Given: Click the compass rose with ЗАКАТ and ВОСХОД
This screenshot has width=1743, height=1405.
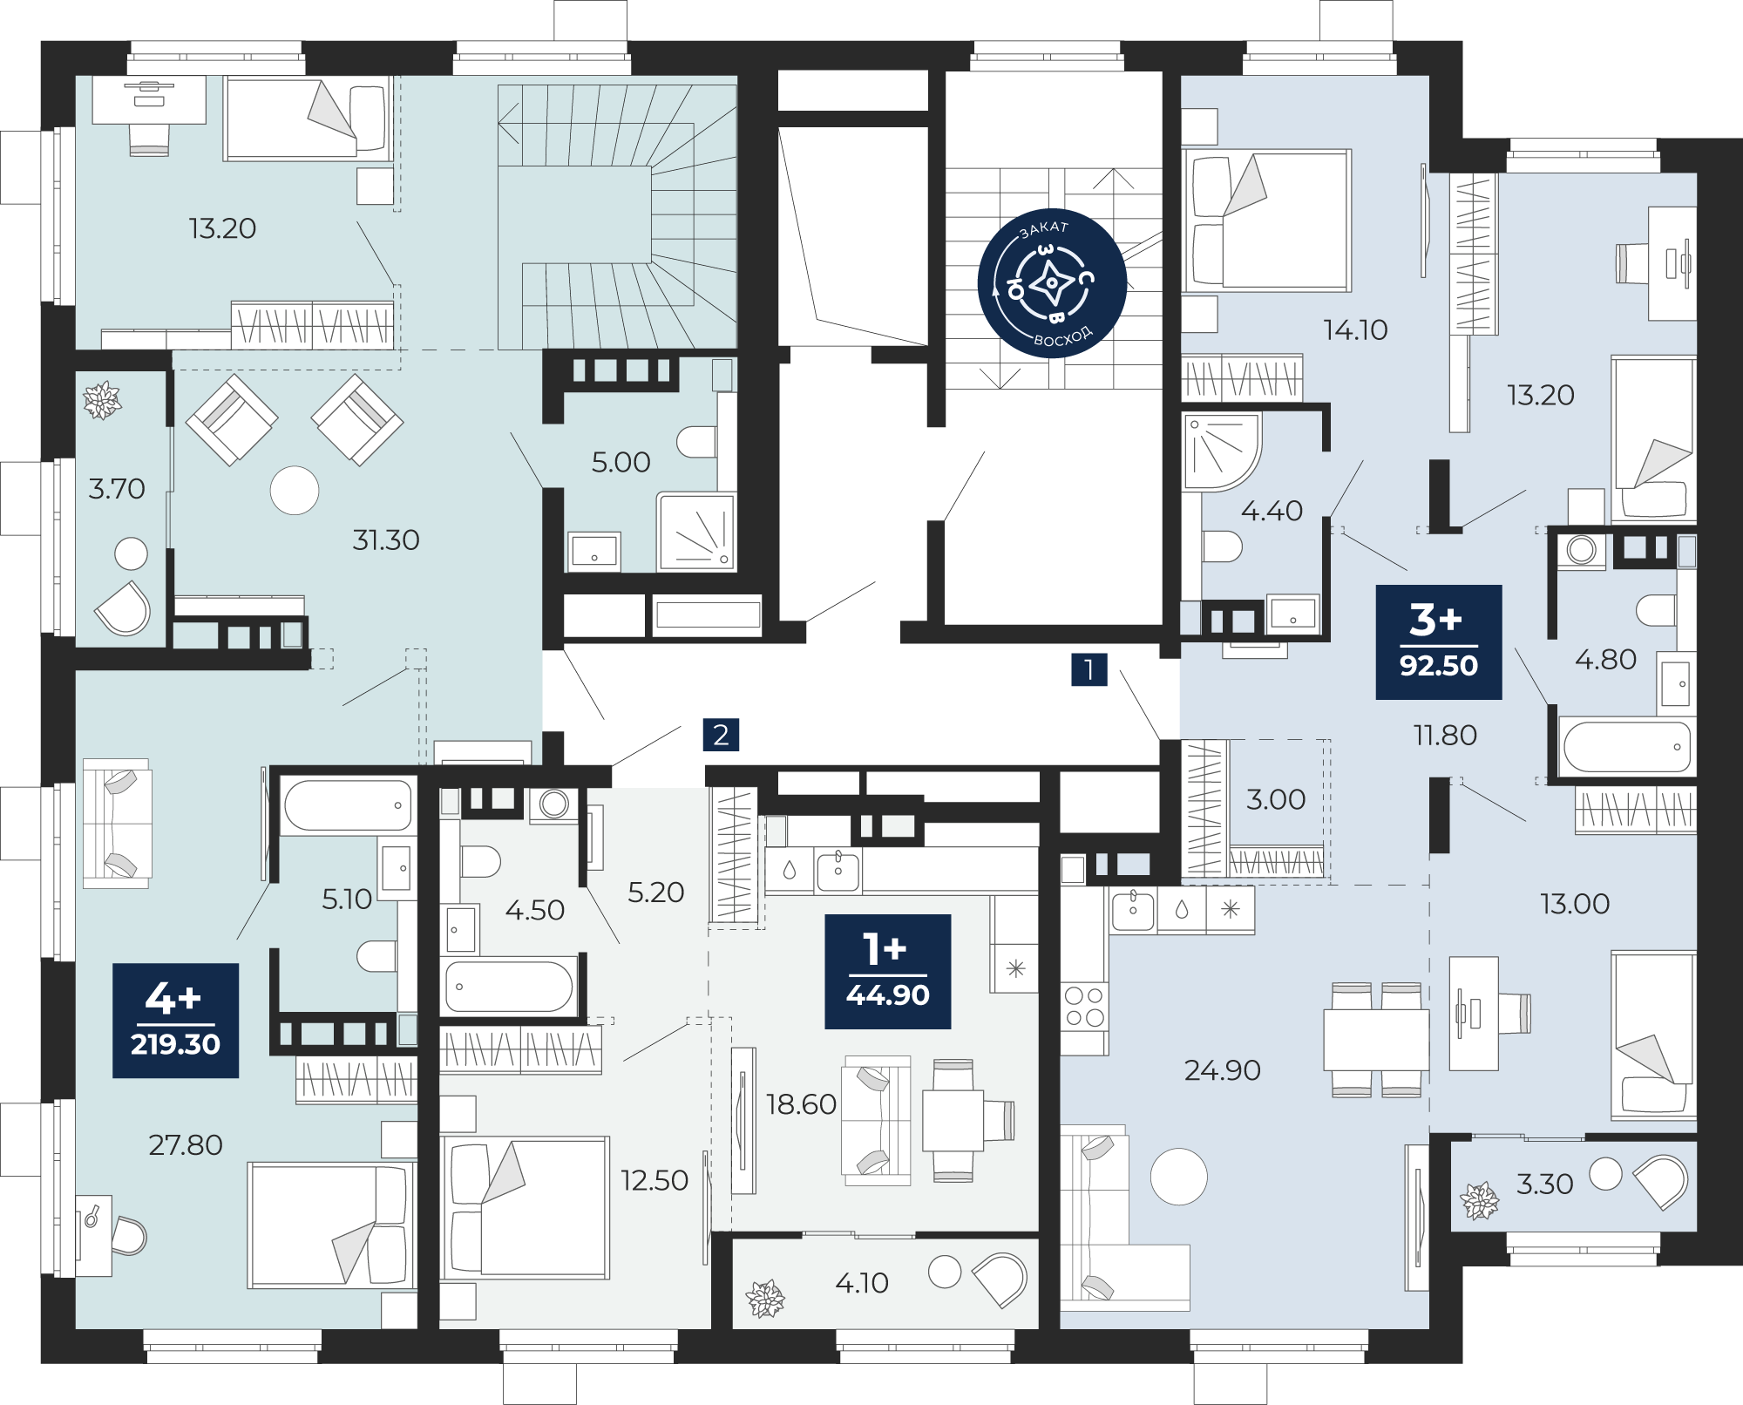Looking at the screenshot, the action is [1052, 283].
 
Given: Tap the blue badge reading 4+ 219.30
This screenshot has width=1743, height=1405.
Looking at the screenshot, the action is [176, 1021].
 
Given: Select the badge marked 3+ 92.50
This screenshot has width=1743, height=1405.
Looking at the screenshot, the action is [1439, 642].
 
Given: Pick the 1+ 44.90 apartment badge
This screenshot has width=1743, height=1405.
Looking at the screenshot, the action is [888, 972].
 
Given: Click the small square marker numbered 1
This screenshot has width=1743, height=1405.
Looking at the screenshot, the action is [1089, 669].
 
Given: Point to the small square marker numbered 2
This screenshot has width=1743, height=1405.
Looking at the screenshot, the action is [722, 735].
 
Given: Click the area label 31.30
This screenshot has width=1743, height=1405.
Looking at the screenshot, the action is [386, 540].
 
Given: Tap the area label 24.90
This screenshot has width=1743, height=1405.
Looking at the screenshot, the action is [1223, 1070].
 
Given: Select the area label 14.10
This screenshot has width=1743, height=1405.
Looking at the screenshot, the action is [1355, 329].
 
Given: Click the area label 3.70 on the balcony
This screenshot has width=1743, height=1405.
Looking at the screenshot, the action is [117, 489].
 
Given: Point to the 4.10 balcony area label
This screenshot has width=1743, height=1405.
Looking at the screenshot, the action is [862, 1283].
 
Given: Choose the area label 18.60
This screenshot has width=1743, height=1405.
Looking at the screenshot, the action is [801, 1104].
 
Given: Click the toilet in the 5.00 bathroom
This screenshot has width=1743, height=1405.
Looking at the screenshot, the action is [696, 442].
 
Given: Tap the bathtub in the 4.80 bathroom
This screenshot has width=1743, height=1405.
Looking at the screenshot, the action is [1626, 746].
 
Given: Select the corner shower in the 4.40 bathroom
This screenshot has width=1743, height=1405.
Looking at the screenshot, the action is [1221, 451].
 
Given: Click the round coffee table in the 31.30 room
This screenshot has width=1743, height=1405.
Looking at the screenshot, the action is [295, 491].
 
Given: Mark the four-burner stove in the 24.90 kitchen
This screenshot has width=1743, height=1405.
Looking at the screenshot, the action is [1084, 1006].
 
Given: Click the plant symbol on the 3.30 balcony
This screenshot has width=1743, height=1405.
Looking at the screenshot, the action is [1480, 1201].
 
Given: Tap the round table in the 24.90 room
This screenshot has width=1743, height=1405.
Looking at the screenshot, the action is [1179, 1177].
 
